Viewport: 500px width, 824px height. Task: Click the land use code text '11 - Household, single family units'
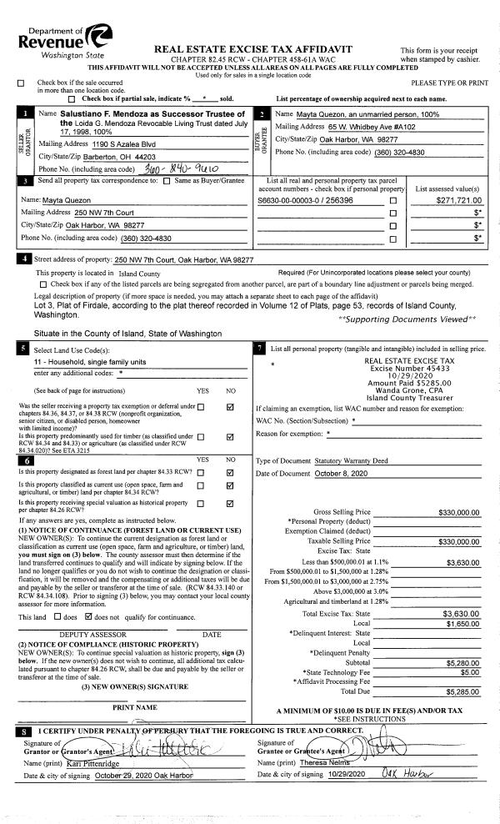click(89, 362)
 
